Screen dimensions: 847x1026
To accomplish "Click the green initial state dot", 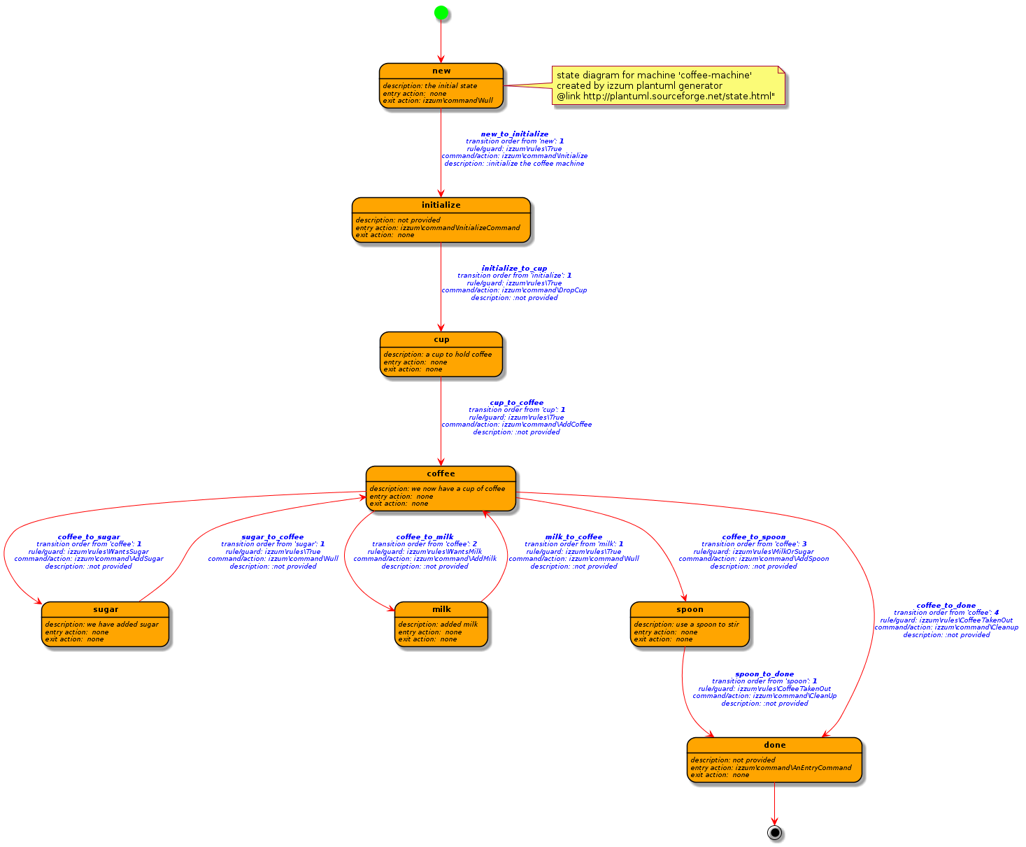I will tap(441, 12).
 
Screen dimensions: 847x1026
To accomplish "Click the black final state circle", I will tap(774, 832).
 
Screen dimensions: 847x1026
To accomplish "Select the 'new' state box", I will tap(441, 85).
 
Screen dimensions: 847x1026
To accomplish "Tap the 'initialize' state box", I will tap(441, 220).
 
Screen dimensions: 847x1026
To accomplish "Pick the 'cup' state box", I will tap(441, 354).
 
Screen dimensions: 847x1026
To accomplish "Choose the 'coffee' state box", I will tap(441, 488).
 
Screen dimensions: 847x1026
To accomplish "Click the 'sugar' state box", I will tap(105, 624).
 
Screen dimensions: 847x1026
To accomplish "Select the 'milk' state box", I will tap(441, 624).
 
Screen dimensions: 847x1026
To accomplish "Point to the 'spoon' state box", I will tap(690, 624).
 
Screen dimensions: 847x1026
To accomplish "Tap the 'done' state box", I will tap(774, 760).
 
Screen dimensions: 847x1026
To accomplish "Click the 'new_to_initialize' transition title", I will tap(514, 134).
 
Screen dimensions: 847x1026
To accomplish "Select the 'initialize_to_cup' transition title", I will tap(514, 268).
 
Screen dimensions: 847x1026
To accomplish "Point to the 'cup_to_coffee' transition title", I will tap(516, 402).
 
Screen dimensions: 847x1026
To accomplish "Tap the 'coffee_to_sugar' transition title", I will tap(89, 537).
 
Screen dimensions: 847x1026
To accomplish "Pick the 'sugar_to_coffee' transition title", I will tap(273, 537).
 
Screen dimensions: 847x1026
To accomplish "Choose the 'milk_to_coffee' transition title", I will tap(573, 537).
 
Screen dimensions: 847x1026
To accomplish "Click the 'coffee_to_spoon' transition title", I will tap(753, 537).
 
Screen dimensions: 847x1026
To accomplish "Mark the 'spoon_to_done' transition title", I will tap(764, 674).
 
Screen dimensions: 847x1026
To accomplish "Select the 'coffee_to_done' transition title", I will tap(946, 606).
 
